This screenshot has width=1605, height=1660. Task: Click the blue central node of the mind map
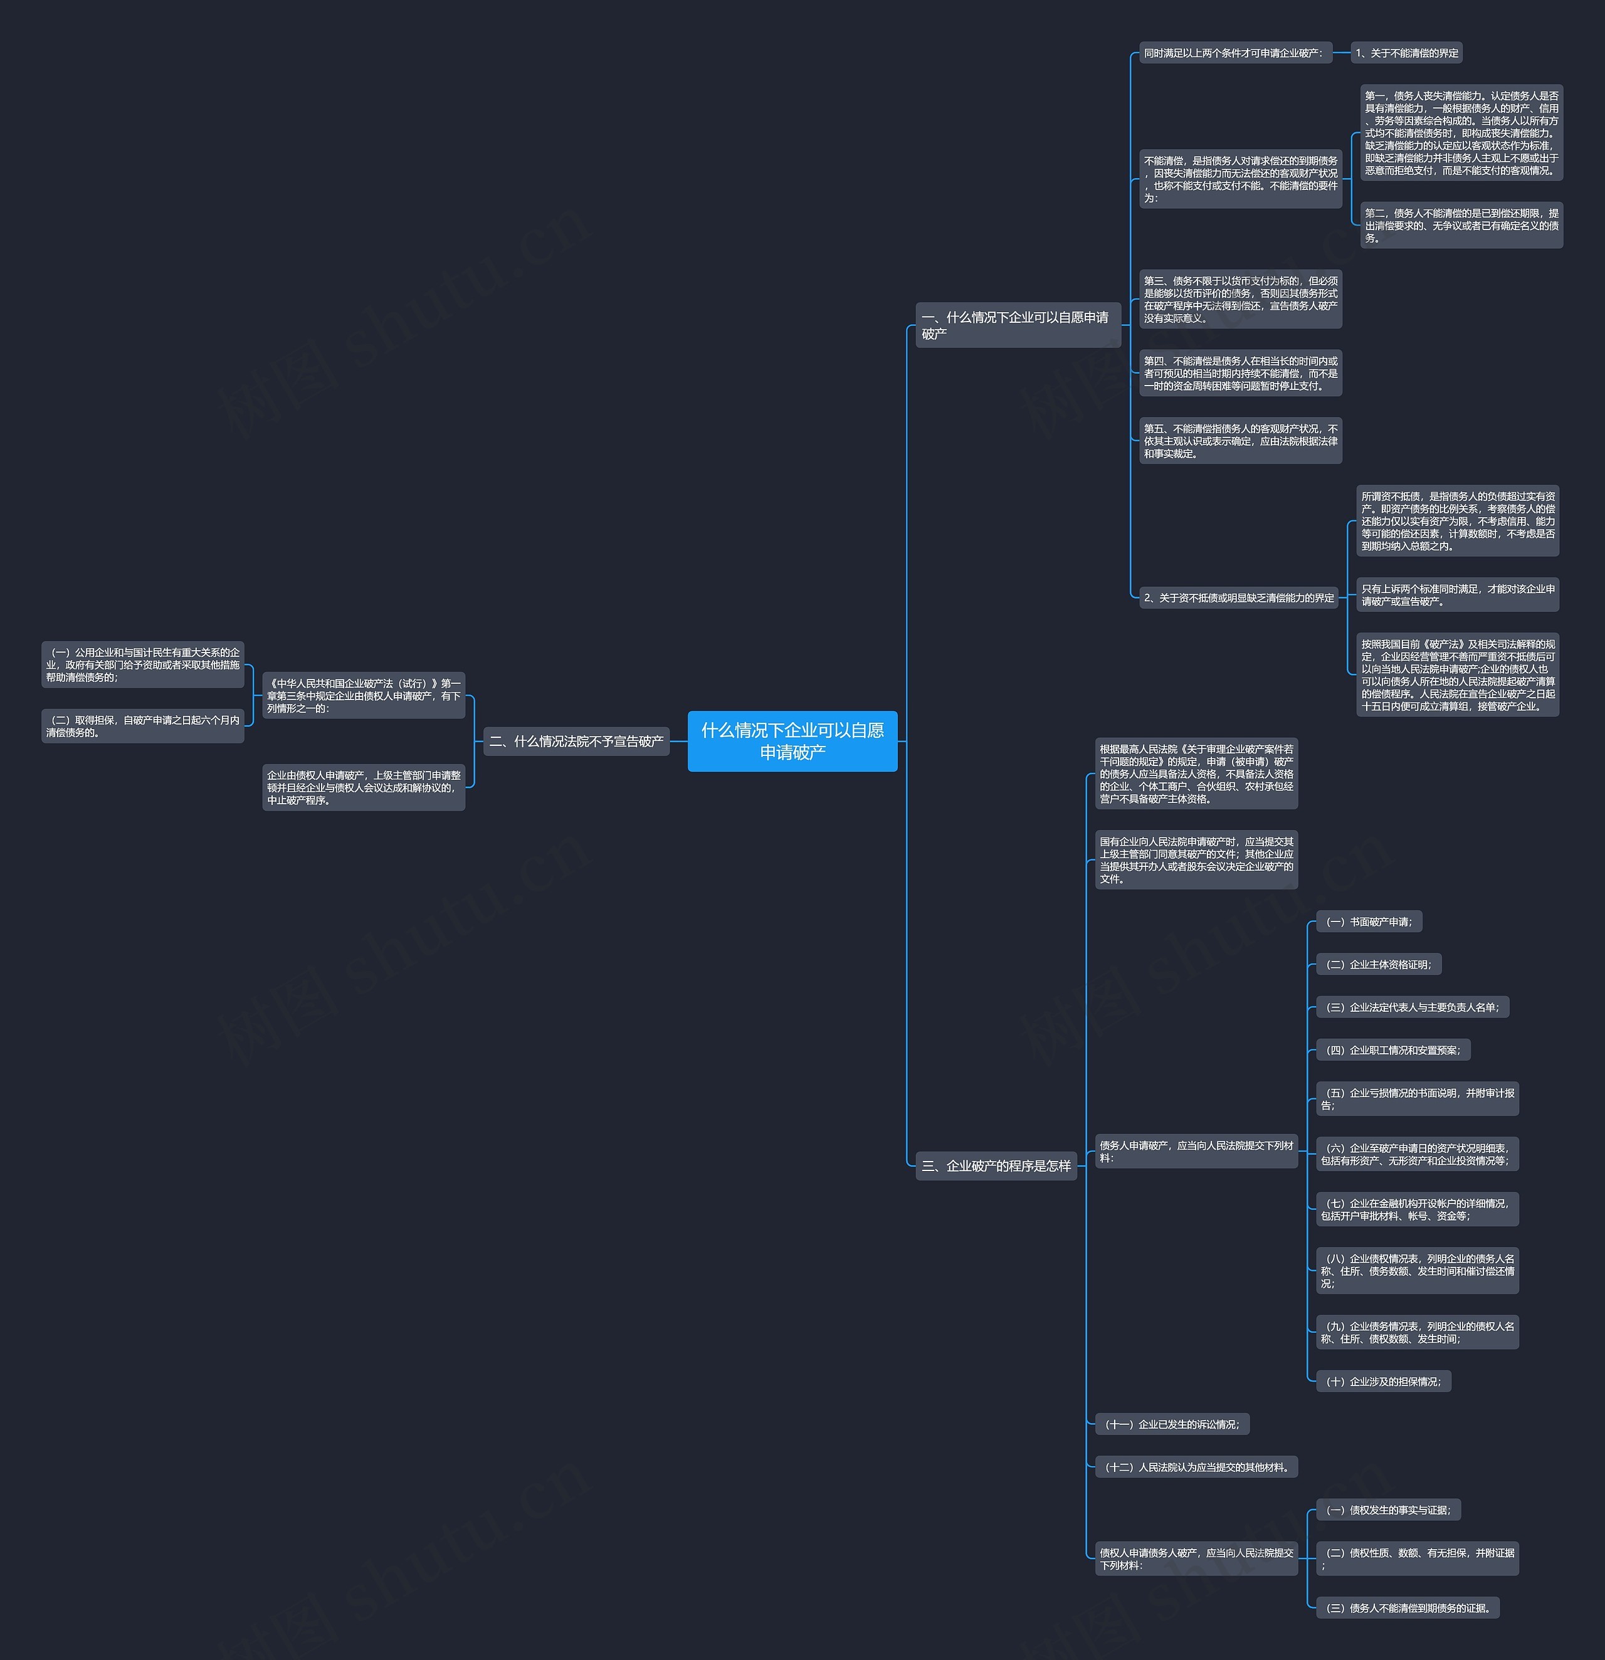tap(792, 741)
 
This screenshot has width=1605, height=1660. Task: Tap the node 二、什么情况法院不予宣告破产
tap(576, 741)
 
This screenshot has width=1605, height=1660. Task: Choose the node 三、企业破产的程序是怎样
tap(996, 1165)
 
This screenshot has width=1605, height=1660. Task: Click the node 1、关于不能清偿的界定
tap(1407, 53)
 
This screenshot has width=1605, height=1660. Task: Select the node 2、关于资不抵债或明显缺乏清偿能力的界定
tap(1238, 598)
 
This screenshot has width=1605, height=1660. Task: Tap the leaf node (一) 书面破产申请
tap(1369, 922)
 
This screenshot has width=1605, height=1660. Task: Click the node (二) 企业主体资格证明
tap(1379, 965)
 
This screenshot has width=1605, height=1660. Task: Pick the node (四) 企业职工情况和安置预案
tap(1393, 1050)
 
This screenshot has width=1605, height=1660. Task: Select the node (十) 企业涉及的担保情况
tap(1384, 1382)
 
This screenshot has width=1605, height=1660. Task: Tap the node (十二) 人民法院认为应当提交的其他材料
tap(1197, 1467)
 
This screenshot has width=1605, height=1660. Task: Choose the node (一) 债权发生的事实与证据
tap(1388, 1510)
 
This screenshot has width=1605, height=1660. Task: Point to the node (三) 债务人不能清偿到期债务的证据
tap(1408, 1609)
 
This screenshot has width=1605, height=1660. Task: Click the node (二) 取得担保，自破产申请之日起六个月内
tap(143, 726)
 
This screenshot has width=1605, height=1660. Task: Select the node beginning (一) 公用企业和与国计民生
tap(143, 664)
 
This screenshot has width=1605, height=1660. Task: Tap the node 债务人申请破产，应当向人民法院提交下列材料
tap(1197, 1151)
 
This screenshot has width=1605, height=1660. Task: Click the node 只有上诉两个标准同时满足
tap(1458, 594)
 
